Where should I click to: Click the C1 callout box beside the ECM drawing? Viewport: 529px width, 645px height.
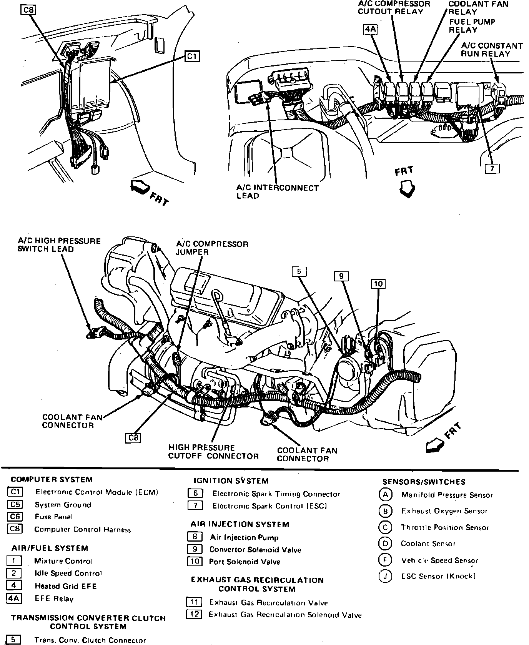pos(192,57)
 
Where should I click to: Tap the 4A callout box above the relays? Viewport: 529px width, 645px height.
pos(370,30)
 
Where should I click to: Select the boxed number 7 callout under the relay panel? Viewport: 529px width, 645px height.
pos(492,168)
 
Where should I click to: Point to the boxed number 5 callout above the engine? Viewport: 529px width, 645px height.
pos(299,271)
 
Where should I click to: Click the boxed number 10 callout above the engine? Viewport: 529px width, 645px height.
pos(378,284)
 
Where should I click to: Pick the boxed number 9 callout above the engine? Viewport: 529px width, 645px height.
pos(341,276)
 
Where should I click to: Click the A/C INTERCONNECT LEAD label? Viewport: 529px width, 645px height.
pos(277,192)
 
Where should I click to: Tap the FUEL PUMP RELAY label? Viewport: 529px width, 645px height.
pos(472,26)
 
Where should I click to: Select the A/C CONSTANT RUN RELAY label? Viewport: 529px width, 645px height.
pos(491,50)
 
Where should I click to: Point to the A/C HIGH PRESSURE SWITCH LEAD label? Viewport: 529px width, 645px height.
pos(59,245)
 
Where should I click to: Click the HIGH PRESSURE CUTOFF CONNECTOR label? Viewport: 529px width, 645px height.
pos(213,452)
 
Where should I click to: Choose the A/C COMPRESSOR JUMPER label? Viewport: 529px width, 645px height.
pos(212,248)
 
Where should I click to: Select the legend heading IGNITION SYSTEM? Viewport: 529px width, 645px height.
pos(231,481)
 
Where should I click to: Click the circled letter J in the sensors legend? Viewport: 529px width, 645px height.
pos(385,576)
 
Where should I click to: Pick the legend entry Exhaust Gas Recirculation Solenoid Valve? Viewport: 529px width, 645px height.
pos(285,615)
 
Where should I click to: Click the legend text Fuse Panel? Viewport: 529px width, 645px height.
pos(53,517)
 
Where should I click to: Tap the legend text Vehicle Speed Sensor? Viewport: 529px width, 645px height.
pos(440,560)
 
